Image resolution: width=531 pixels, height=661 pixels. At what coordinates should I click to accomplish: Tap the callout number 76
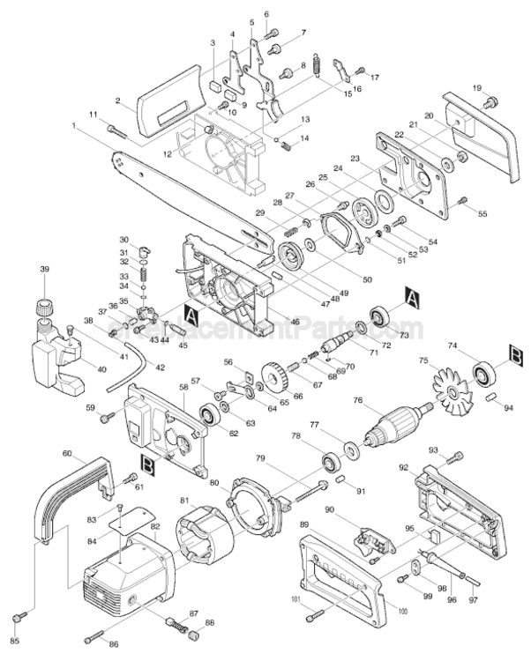[x=357, y=401]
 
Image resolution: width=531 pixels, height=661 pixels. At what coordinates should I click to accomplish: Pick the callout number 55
[x=482, y=214]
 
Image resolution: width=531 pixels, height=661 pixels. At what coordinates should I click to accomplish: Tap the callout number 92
[x=404, y=467]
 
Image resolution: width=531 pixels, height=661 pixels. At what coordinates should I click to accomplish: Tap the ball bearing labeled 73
[x=381, y=316]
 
